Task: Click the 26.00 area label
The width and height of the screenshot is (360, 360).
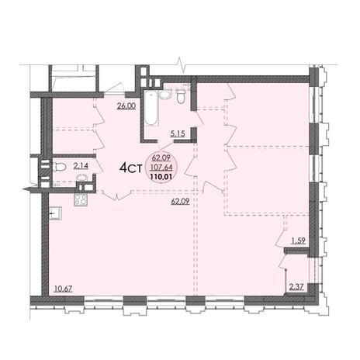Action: [x=126, y=106]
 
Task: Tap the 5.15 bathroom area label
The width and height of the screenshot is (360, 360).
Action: [x=178, y=133]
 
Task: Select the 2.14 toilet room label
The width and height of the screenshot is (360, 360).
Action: [x=81, y=166]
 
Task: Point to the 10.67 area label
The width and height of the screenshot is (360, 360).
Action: [x=63, y=289]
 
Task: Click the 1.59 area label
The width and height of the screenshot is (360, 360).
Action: [x=299, y=241]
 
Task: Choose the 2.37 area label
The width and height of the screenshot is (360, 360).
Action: [x=296, y=286]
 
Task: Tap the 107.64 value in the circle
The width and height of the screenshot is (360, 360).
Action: [x=162, y=168]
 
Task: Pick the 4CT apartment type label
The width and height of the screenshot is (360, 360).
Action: [x=131, y=168]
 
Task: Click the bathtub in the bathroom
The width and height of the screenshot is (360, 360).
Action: [x=151, y=108]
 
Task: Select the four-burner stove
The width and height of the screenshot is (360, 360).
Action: [x=81, y=199]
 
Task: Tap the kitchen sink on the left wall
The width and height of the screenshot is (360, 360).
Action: [x=55, y=213]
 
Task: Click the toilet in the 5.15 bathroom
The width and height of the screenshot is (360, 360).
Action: [x=181, y=96]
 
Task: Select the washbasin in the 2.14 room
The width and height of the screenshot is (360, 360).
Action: [x=82, y=178]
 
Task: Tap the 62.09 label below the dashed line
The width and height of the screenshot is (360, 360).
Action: [x=180, y=201]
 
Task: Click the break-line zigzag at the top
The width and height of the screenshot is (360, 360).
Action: [x=180, y=64]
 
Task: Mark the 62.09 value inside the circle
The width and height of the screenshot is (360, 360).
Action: [x=161, y=157]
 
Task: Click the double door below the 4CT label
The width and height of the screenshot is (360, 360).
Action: [x=116, y=196]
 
